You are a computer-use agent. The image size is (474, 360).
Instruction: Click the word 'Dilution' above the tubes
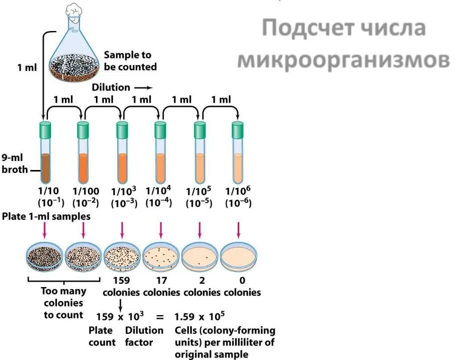(x=111, y=87)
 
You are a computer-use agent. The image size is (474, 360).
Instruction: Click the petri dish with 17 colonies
(x=161, y=256)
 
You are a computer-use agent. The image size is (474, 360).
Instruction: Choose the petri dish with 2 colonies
(x=200, y=256)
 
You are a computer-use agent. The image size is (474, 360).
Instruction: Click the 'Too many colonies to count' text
(x=63, y=303)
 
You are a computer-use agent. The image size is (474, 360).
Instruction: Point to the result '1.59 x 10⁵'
(x=199, y=316)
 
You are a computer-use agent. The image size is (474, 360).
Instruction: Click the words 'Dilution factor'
(x=144, y=336)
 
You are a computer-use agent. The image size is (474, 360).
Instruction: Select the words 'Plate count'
(x=101, y=336)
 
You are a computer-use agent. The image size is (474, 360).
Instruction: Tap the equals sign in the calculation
(x=159, y=316)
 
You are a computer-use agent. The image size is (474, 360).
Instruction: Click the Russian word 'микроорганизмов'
(x=343, y=60)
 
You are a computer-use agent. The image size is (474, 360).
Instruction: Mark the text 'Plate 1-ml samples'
(x=46, y=216)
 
